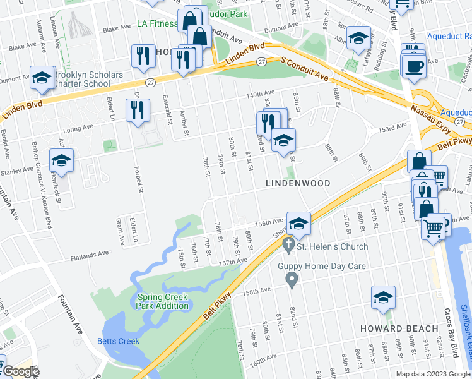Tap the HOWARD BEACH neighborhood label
[x=399, y=328]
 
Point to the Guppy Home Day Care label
[x=322, y=266]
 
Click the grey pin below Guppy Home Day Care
[x=291, y=279]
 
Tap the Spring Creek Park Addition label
[x=162, y=301]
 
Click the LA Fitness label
[x=158, y=24]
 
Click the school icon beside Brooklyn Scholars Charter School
[x=42, y=79]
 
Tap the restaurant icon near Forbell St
[x=137, y=111]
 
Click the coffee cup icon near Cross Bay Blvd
[x=413, y=66]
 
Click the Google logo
[x=20, y=371]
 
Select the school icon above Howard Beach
[x=383, y=298]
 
